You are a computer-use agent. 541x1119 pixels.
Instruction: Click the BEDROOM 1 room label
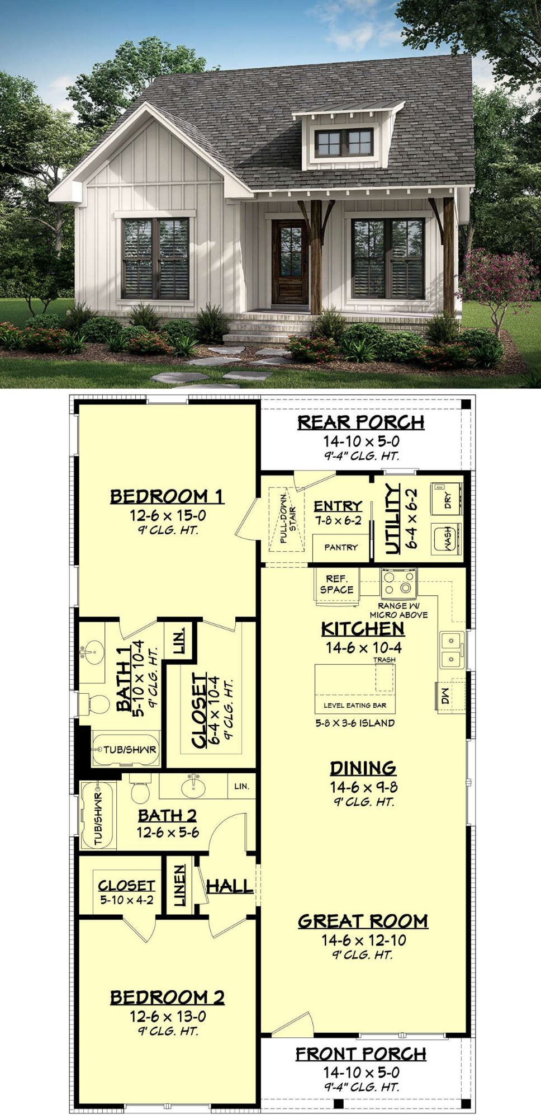[167, 496]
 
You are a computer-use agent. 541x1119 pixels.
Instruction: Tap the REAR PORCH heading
[360, 422]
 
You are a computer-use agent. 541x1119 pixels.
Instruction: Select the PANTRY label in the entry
[340, 547]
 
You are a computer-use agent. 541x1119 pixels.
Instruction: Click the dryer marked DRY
[447, 498]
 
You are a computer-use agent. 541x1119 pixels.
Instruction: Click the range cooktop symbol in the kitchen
[398, 584]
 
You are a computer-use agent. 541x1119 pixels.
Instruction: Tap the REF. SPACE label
[336, 584]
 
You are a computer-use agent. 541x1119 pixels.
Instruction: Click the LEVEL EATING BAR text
[355, 706]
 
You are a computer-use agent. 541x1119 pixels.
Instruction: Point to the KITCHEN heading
[363, 629]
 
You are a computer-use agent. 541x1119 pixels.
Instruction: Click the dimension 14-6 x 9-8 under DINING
[363, 787]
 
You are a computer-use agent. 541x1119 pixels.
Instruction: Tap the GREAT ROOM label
[363, 921]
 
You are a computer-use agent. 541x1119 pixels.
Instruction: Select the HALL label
[230, 886]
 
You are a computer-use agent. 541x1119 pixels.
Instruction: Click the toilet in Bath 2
[140, 788]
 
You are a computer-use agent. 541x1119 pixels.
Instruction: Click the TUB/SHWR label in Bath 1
[130, 749]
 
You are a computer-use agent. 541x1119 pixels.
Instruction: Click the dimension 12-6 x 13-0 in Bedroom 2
[168, 1016]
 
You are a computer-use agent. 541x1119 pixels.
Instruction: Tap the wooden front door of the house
[290, 262]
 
